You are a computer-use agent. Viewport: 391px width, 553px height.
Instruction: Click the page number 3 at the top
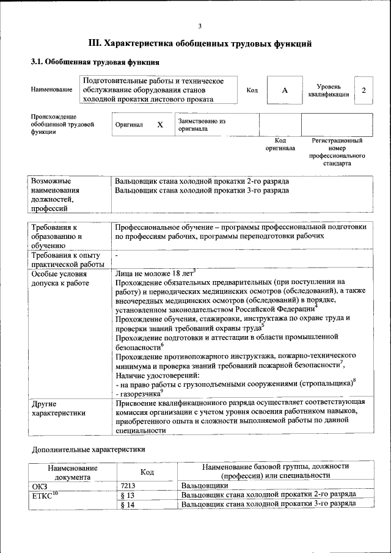click(199, 25)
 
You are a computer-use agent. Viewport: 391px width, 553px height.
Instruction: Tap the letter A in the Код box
click(284, 90)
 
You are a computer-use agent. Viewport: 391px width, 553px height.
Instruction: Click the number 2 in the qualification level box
click(364, 90)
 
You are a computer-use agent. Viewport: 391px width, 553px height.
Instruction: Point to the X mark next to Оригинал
click(160, 125)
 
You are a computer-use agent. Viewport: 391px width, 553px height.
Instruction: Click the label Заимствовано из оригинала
click(202, 125)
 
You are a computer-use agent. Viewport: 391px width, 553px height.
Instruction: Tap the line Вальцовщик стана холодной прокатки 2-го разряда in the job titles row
click(202, 181)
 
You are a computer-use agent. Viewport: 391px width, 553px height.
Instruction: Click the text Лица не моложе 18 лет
click(153, 274)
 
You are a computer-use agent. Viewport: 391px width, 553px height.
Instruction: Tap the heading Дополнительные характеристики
click(88, 450)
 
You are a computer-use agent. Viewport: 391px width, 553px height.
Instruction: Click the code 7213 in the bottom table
click(129, 486)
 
